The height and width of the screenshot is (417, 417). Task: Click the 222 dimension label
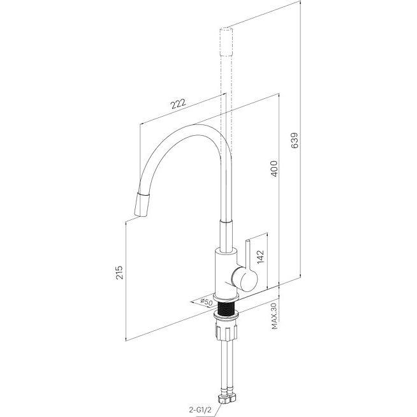[x=178, y=104]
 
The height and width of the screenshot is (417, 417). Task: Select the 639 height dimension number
[x=295, y=140]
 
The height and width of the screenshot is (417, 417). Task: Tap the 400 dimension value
[x=274, y=168]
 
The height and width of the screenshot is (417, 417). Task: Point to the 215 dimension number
[x=119, y=272]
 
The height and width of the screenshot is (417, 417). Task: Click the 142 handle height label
[x=261, y=256]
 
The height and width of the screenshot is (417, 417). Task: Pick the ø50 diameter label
[x=206, y=302]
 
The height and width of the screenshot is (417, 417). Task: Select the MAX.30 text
[x=274, y=316]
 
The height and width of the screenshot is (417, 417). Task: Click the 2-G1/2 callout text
[x=200, y=410]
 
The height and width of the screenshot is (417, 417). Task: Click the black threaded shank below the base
[x=227, y=309]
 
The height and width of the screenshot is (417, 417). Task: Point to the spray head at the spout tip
[x=142, y=204]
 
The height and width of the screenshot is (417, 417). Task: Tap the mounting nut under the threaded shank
[x=226, y=330]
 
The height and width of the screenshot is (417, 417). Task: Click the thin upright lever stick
[x=247, y=255]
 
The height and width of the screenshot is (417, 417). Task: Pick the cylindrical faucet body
[x=226, y=274]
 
